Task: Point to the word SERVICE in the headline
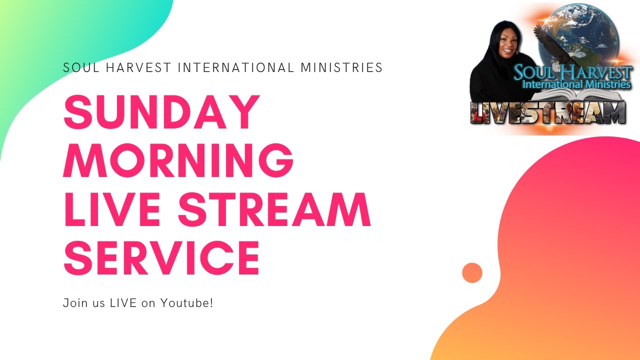161,256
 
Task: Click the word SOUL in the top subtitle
78,67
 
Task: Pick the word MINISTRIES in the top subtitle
341,67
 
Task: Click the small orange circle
472,273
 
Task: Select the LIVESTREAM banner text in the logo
547,112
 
